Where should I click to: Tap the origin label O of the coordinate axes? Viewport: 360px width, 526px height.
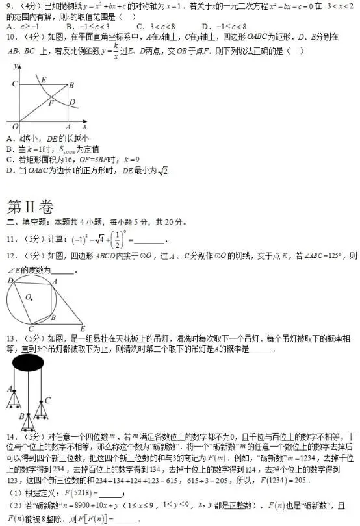(15, 126)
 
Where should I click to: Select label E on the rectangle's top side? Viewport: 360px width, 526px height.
(44, 80)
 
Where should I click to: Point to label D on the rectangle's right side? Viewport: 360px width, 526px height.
(73, 101)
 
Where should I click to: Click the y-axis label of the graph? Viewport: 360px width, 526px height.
(15, 66)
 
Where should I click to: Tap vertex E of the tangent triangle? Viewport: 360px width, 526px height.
(82, 329)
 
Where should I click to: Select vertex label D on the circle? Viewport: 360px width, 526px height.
(10, 281)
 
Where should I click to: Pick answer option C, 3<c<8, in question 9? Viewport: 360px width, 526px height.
(160, 27)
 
